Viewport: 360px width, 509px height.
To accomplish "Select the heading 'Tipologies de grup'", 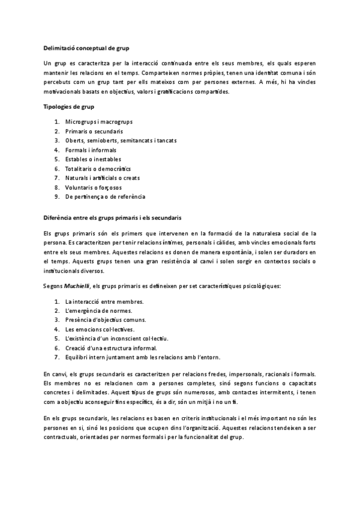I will [x=69, y=106].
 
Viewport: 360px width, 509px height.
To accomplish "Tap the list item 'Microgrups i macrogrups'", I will [x=98, y=122].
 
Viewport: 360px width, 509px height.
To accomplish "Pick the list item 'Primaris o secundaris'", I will [x=94, y=131].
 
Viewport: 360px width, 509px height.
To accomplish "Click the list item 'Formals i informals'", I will [x=91, y=150].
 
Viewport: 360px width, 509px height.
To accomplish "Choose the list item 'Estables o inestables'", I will [x=93, y=159].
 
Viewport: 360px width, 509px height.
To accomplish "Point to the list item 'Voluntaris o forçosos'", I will [x=93, y=187].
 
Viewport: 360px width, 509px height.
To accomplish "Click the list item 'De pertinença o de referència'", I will [x=105, y=196].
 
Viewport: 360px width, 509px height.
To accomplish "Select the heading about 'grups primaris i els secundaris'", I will [x=113, y=216].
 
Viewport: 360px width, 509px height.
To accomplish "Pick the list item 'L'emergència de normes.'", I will [x=98, y=310].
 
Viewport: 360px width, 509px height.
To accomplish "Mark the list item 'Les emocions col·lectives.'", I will [x=100, y=329].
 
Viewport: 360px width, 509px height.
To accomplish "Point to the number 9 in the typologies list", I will [x=56, y=196].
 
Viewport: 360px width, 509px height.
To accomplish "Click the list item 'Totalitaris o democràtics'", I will [x=98, y=169].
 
